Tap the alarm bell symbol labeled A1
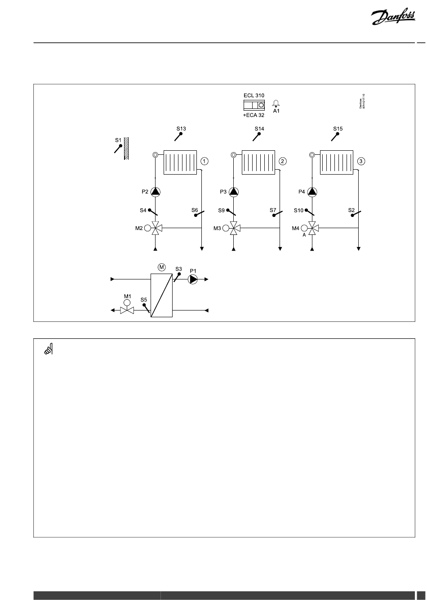tap(276, 103)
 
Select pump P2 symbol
tap(156, 192)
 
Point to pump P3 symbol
tap(234, 192)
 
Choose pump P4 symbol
tap(312, 192)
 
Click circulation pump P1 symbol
tap(193, 279)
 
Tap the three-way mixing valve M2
tap(156, 229)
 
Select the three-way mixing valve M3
tap(234, 229)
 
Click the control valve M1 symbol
tap(127, 310)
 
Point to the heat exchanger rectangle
tap(161, 295)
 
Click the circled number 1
tap(205, 161)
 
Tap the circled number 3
tap(361, 161)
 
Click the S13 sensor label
tap(181, 129)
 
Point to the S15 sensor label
tap(338, 129)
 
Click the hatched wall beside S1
tap(127, 148)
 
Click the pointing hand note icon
tap(49, 349)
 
